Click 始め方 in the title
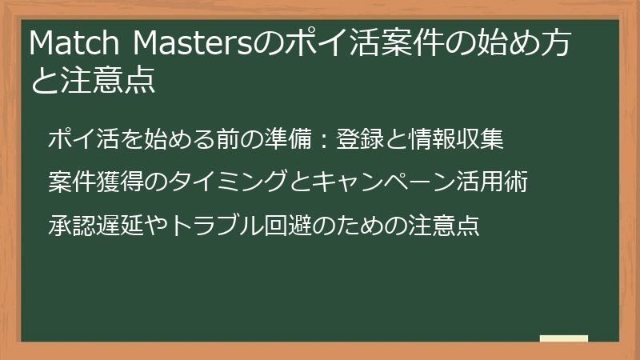click(523, 44)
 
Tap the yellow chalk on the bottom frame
click(564, 339)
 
